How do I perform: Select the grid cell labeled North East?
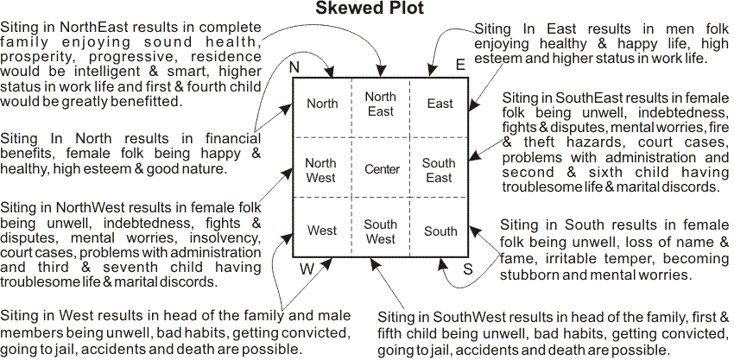(x=380, y=104)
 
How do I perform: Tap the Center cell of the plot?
(x=382, y=169)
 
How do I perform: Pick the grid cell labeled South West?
(x=380, y=231)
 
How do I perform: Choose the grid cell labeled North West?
(x=321, y=169)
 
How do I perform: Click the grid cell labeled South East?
(x=439, y=169)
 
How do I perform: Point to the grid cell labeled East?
(x=440, y=104)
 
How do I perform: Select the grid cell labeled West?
(x=321, y=231)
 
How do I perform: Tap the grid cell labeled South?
(x=440, y=231)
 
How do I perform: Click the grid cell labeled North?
(x=322, y=104)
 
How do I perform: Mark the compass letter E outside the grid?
(x=460, y=65)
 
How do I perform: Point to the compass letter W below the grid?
(x=307, y=268)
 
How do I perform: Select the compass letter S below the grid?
(x=467, y=269)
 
